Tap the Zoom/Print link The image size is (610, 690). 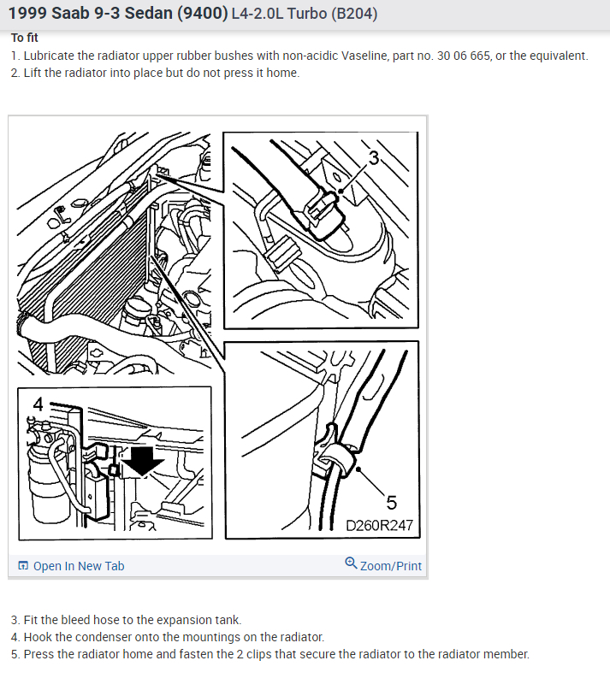(x=383, y=565)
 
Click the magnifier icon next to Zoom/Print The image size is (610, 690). (x=351, y=563)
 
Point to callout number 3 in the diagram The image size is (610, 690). (x=374, y=157)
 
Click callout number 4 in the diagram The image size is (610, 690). (x=38, y=404)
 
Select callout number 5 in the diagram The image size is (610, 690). (x=392, y=503)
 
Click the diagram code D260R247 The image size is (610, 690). (x=379, y=525)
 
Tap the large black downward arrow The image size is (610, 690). (x=142, y=462)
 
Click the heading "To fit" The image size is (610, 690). (x=25, y=38)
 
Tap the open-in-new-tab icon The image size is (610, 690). (x=23, y=565)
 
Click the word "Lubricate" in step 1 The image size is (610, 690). (x=50, y=56)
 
